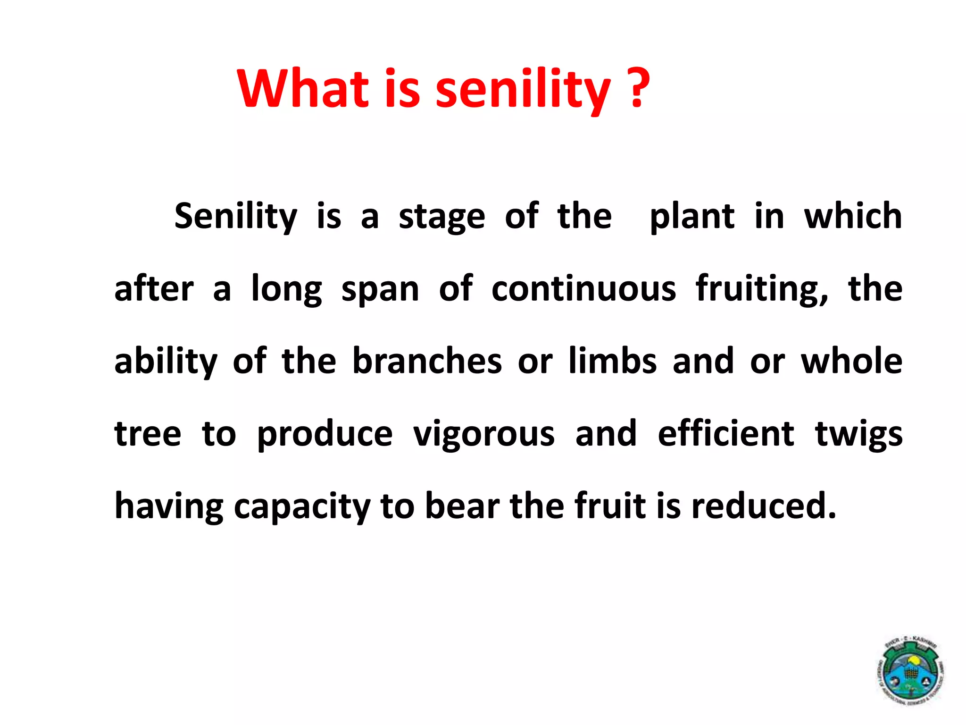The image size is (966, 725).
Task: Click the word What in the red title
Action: [302, 89]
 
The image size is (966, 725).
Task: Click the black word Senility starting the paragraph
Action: [236, 217]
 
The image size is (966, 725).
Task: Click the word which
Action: [853, 216]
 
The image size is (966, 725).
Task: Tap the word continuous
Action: [583, 289]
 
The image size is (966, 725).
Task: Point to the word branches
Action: [427, 362]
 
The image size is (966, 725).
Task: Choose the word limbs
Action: [612, 362]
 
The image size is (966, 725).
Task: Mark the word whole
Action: [851, 362]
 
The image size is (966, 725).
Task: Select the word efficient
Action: [726, 434]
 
